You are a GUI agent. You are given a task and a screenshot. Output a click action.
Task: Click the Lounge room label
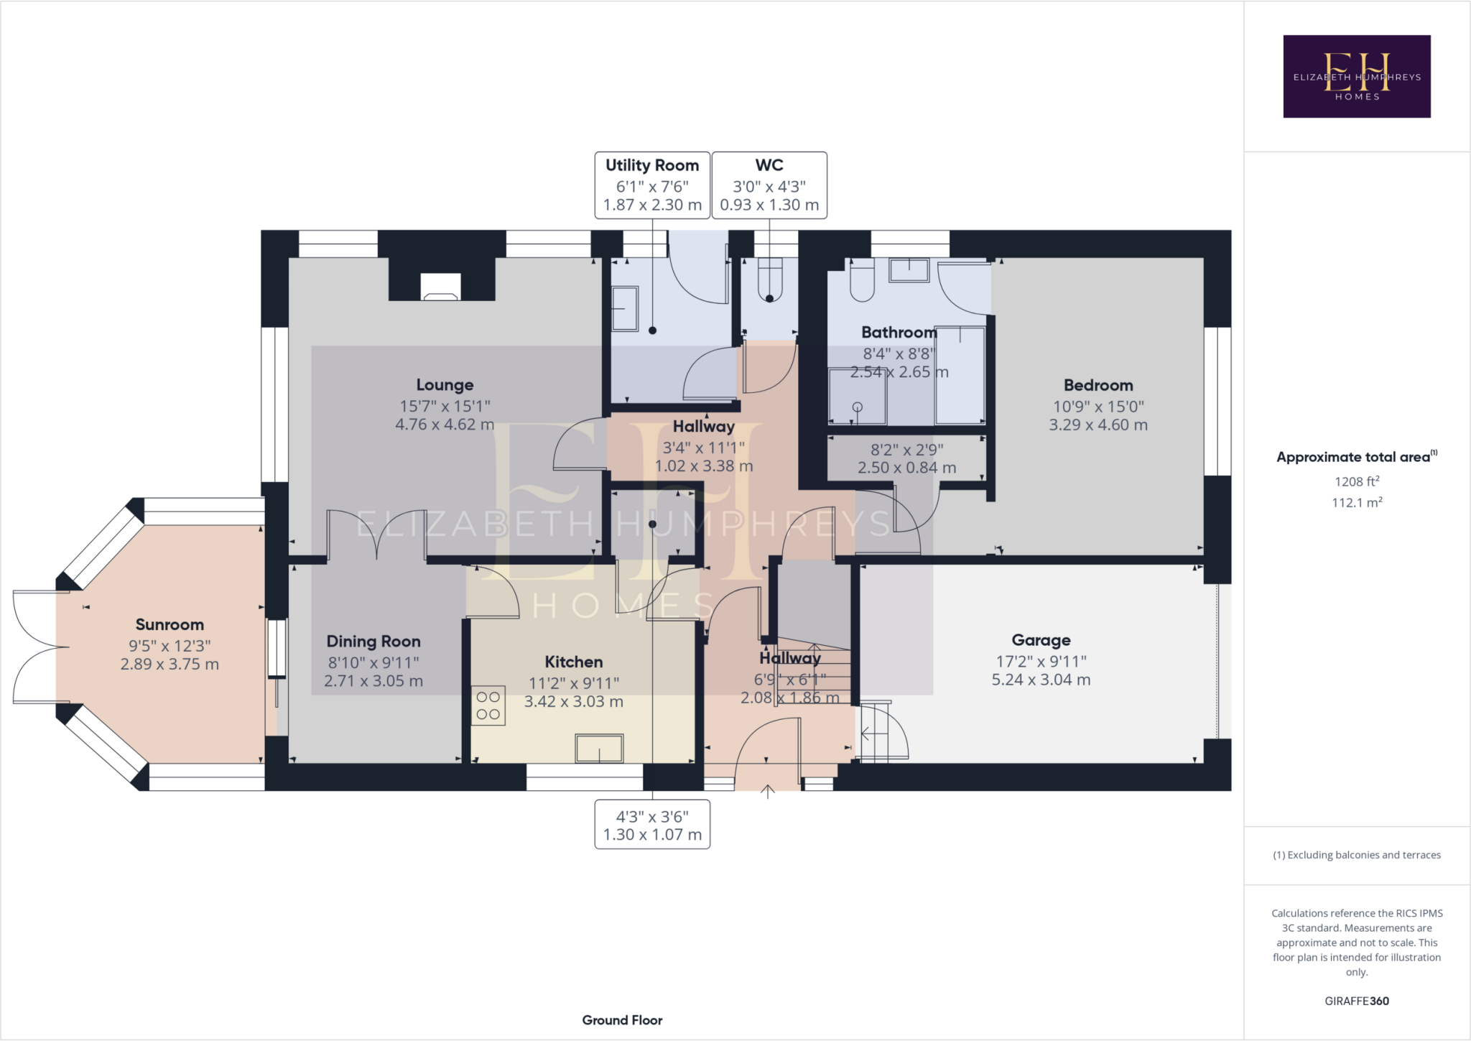click(445, 385)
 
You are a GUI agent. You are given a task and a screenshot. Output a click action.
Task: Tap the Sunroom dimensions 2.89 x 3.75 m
click(170, 665)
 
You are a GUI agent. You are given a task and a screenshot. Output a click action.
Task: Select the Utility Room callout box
click(652, 185)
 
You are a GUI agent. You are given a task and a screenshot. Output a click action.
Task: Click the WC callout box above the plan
click(769, 185)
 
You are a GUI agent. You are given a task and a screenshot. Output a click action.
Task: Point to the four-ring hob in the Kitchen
click(488, 705)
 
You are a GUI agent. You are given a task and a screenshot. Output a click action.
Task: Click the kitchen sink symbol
click(599, 748)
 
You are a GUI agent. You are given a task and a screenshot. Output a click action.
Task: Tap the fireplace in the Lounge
click(441, 287)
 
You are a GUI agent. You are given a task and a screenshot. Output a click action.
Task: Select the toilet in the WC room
click(769, 280)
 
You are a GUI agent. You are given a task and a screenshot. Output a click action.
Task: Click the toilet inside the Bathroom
click(862, 280)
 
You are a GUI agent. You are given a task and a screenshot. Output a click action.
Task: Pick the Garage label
click(1041, 640)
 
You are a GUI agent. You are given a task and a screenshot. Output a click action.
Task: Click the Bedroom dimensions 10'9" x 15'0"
click(1098, 407)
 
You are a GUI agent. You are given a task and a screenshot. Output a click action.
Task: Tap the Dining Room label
click(373, 642)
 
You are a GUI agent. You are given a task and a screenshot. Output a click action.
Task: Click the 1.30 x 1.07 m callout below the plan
click(652, 825)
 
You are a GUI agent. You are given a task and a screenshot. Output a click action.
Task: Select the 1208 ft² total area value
click(1357, 481)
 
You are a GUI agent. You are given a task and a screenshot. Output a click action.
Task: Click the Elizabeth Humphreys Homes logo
click(1357, 76)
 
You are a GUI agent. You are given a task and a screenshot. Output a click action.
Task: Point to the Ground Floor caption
click(622, 1020)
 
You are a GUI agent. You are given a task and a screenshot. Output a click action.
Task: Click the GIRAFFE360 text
click(1357, 1001)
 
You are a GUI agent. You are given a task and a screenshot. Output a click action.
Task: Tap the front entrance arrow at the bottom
click(768, 791)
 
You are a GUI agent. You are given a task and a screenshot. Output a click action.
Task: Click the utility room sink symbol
click(625, 309)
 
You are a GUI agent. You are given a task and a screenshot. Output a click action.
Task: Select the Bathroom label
click(899, 333)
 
